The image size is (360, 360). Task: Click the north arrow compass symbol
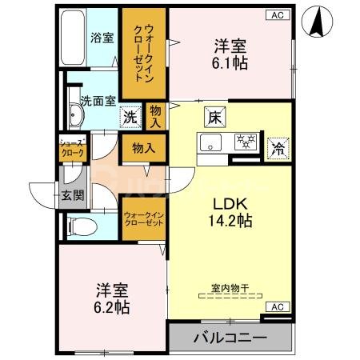[x=319, y=20]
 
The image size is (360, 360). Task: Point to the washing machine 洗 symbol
[x=130, y=117]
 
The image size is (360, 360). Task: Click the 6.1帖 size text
[x=226, y=64]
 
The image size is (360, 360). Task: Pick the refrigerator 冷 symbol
[x=277, y=146]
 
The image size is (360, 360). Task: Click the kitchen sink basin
[x=212, y=144]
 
